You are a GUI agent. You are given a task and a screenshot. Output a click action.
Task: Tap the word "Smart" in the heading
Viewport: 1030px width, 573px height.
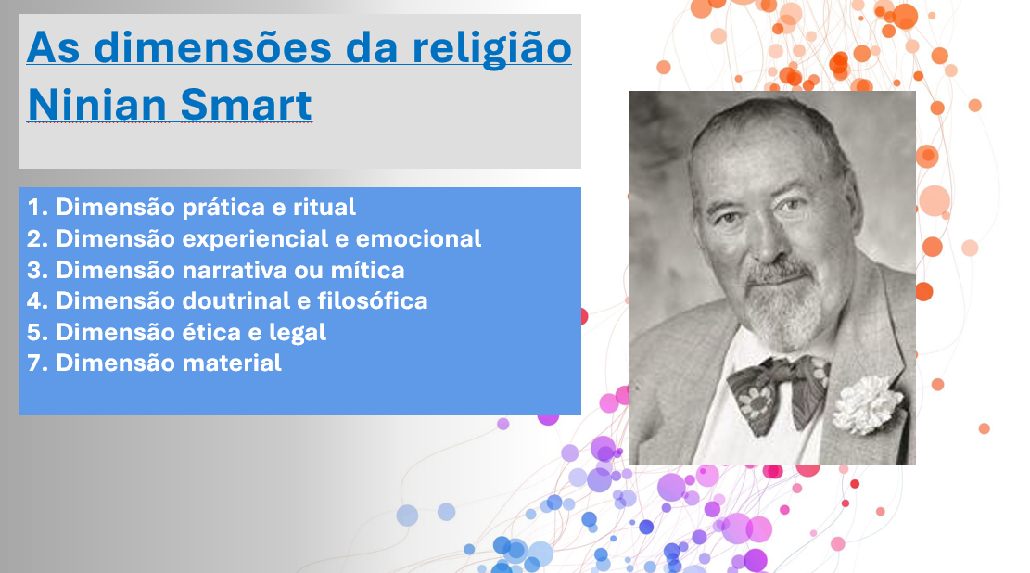(x=246, y=105)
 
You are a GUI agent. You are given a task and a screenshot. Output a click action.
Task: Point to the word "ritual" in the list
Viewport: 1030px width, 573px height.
(x=324, y=207)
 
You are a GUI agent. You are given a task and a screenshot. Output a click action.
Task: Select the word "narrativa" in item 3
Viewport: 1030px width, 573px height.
(x=234, y=270)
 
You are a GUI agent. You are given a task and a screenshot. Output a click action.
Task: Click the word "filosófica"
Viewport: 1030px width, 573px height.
(x=373, y=300)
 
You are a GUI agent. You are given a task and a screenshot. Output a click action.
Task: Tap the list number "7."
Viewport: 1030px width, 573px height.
(x=37, y=363)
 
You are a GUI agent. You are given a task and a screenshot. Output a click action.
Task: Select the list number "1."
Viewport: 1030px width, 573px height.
(x=37, y=207)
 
